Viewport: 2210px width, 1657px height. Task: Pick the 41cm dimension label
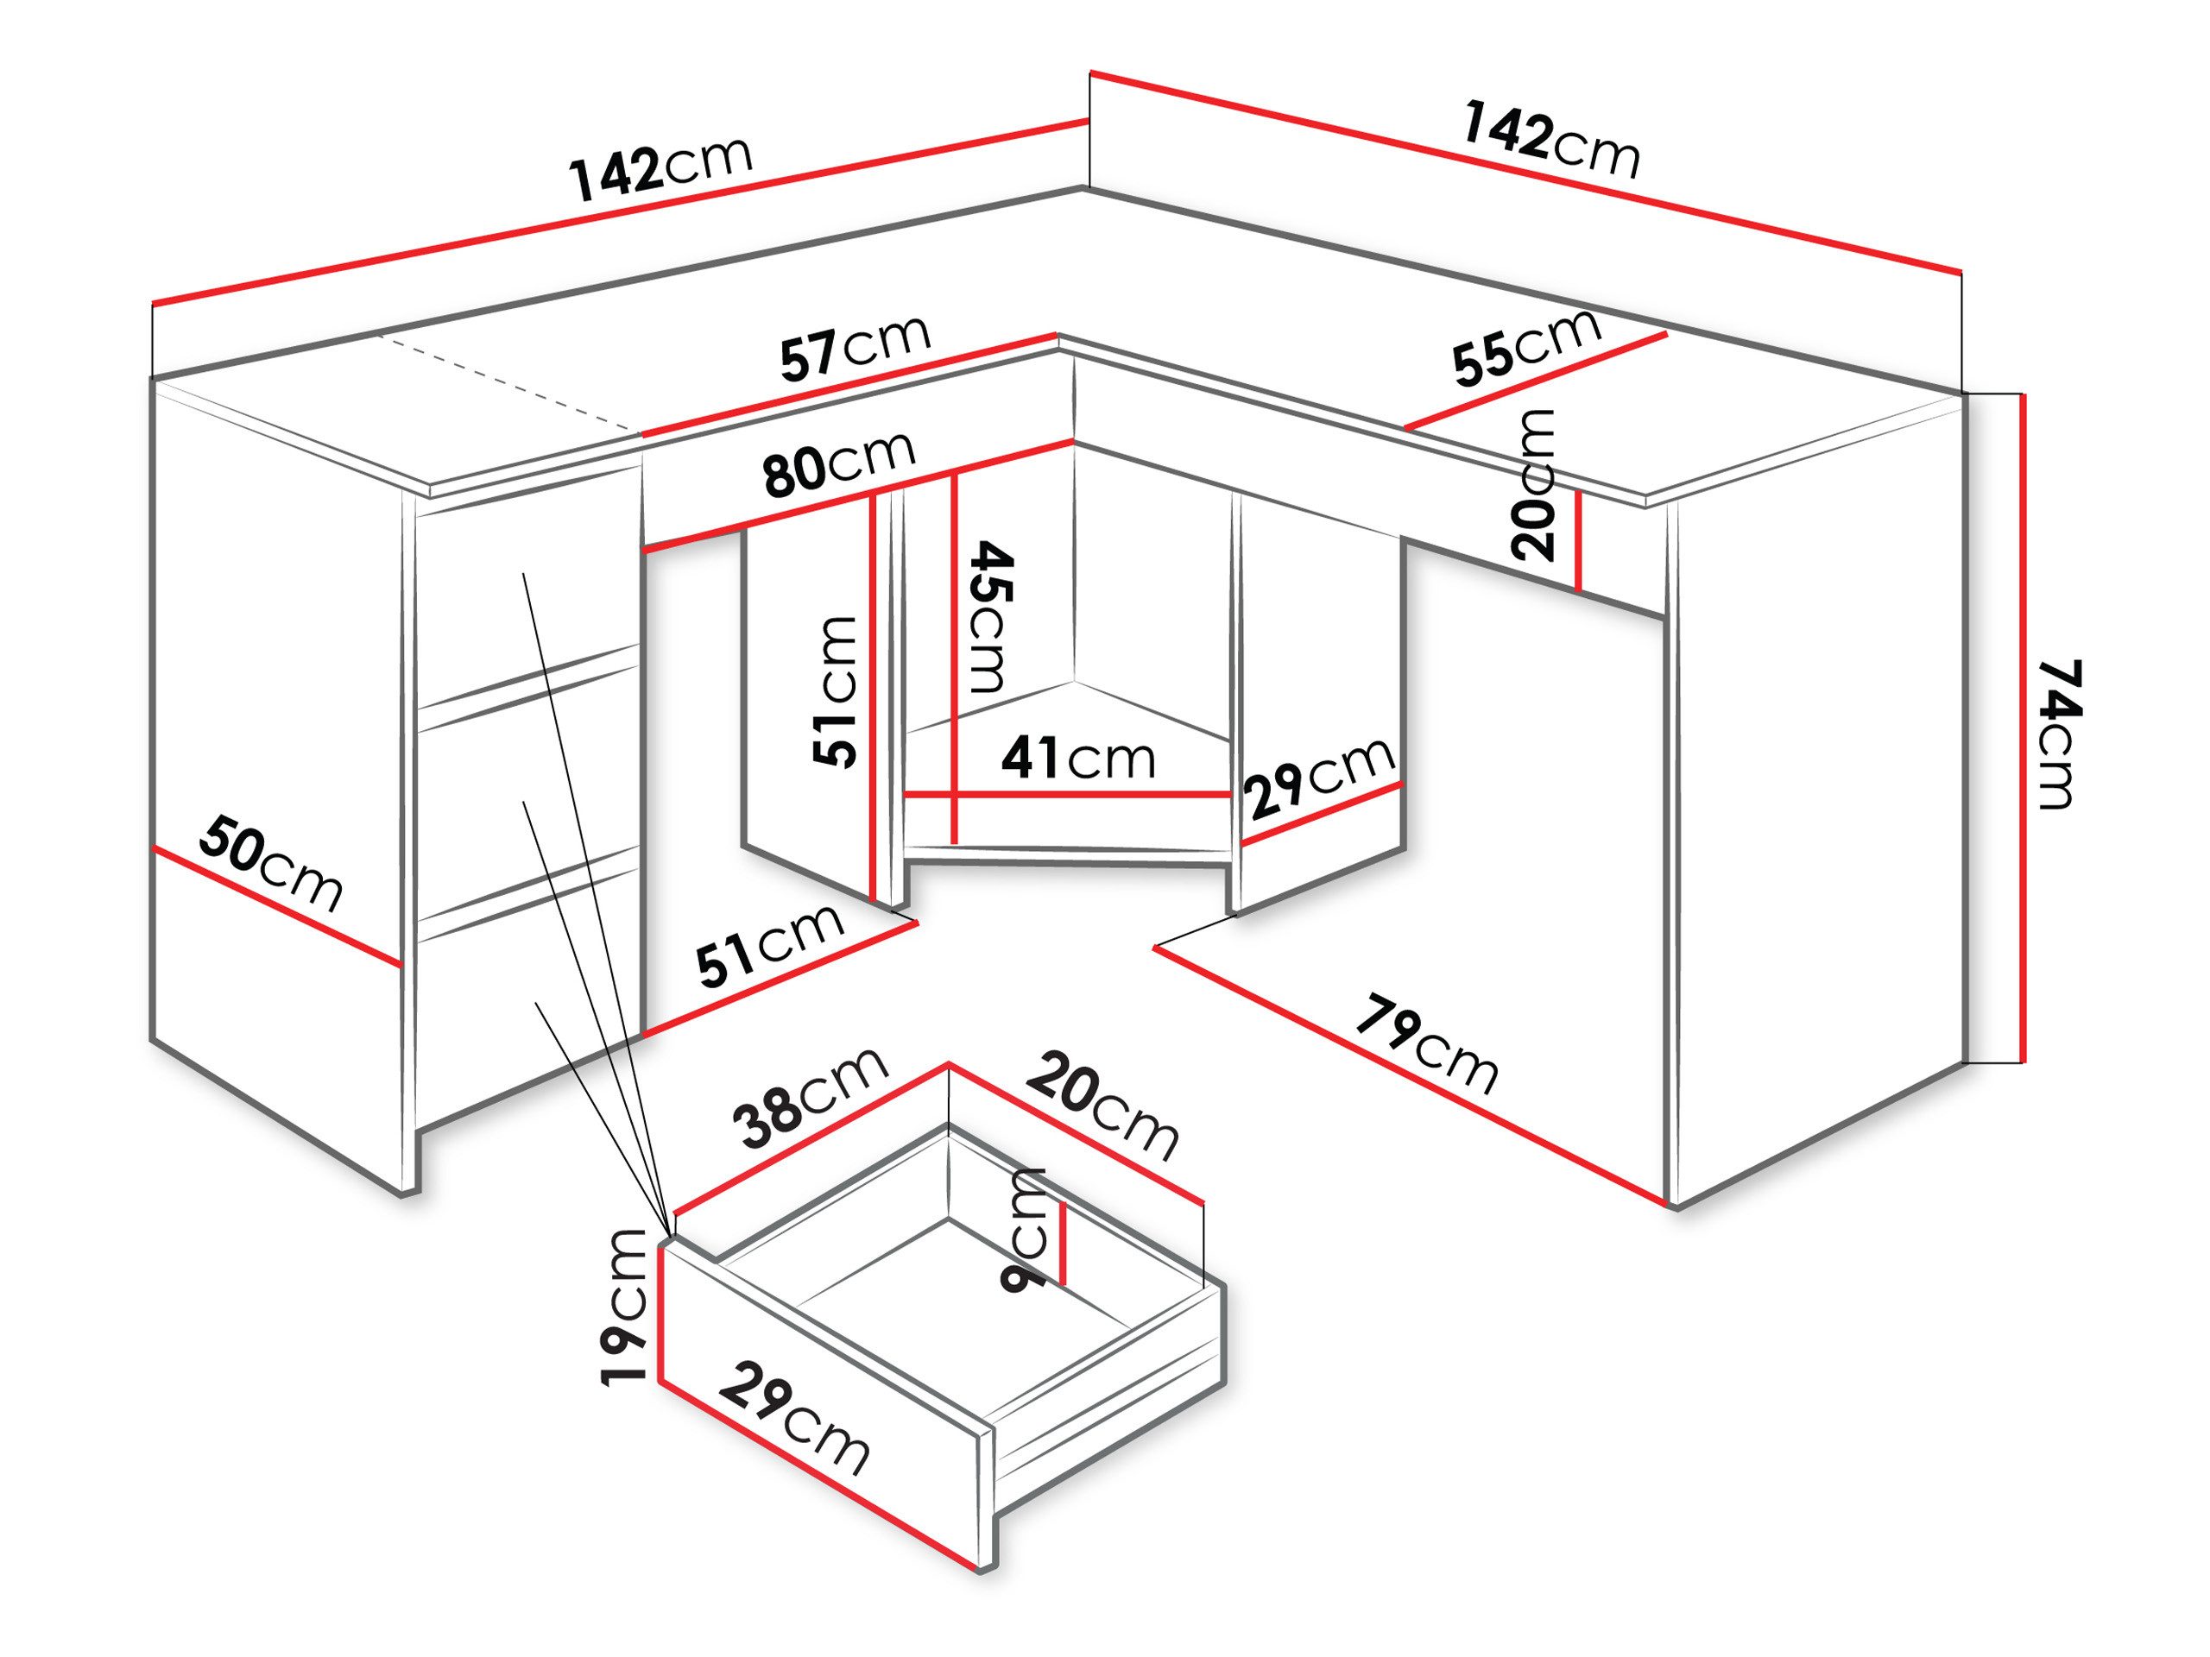point(1078,760)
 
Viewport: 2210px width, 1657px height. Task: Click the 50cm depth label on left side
point(271,865)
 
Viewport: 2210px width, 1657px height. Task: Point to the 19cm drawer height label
point(627,1306)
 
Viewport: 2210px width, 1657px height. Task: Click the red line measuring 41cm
point(1067,795)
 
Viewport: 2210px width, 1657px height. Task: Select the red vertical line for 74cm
point(2022,728)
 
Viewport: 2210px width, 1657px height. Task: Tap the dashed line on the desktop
point(509,386)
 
